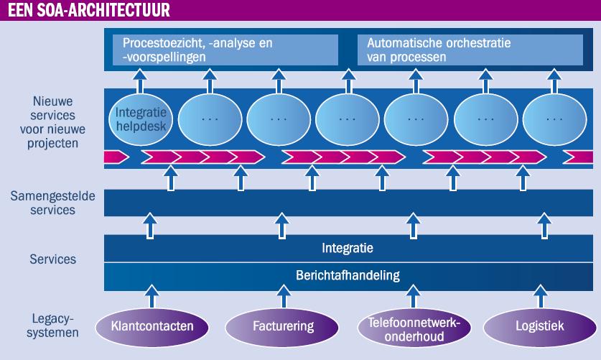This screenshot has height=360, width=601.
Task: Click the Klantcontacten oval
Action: click(x=152, y=327)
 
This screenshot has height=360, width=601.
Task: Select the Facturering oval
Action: click(x=282, y=327)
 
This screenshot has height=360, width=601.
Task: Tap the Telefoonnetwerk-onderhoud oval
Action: click(x=414, y=328)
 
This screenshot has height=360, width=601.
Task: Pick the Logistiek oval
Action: click(x=540, y=327)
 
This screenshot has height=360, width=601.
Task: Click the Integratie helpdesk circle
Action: click(x=141, y=119)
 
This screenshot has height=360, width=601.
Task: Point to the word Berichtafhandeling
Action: click(x=348, y=275)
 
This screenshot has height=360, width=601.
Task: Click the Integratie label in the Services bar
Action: click(x=348, y=248)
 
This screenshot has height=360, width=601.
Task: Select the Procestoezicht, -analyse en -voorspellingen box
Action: click(x=225, y=50)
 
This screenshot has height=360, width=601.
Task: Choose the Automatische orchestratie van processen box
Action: click(x=470, y=50)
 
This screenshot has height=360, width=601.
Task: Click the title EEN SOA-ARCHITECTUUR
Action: click(x=88, y=10)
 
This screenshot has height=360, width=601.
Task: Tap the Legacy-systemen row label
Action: click(x=52, y=326)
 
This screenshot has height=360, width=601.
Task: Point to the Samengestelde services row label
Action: click(x=52, y=203)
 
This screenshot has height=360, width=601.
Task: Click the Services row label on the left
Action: click(x=53, y=259)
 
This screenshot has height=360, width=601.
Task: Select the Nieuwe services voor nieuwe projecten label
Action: click(x=52, y=122)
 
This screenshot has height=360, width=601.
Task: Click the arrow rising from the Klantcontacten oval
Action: click(x=152, y=296)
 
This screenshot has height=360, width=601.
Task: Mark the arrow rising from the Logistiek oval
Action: click(x=541, y=296)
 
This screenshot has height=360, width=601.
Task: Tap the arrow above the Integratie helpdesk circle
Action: click(x=140, y=81)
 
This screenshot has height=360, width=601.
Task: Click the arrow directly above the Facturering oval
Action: click(x=284, y=296)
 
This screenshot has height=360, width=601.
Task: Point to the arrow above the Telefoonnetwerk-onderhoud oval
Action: click(x=413, y=296)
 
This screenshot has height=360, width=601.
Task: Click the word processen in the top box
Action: click(x=406, y=57)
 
